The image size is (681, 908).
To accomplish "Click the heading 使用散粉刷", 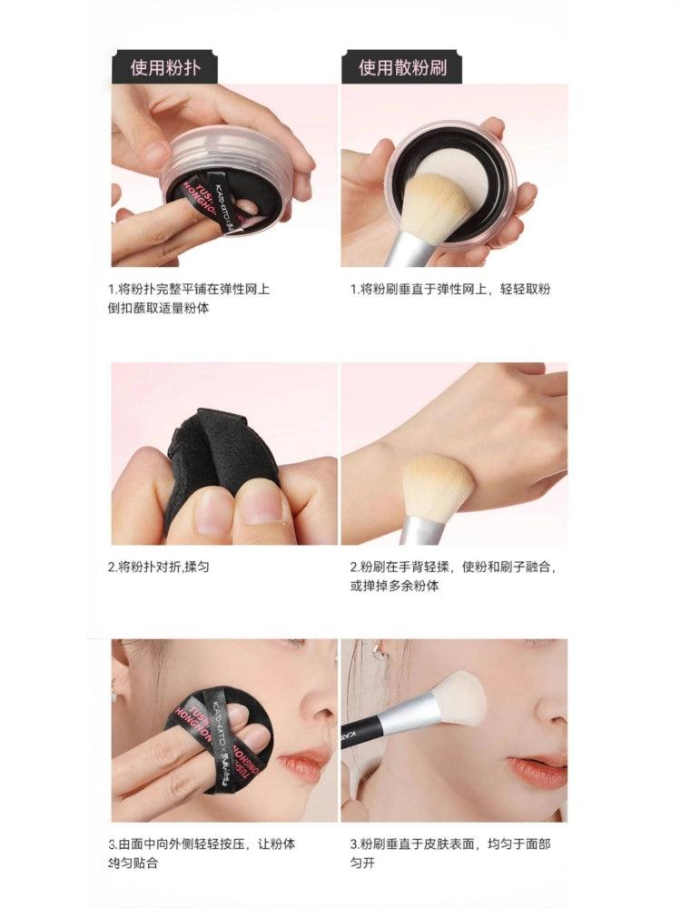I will coord(395,68).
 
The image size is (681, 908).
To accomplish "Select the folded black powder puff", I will coord(204,463).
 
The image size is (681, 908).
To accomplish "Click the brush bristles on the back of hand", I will coord(436,486).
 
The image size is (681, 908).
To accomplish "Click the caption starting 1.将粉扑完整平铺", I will coord(189,299).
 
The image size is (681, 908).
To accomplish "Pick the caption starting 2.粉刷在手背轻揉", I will coord(453,576).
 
